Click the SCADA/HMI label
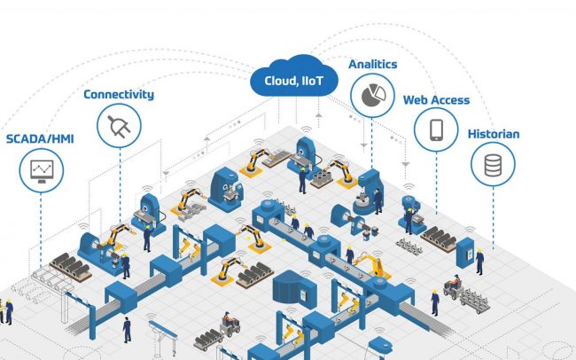(x=40, y=139)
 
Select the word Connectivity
(x=119, y=94)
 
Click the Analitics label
(x=373, y=65)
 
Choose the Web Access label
(x=436, y=100)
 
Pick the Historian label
(x=494, y=135)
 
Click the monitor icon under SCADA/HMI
(x=40, y=168)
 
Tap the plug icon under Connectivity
(x=118, y=128)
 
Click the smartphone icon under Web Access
(x=436, y=130)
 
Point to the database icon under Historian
(x=493, y=163)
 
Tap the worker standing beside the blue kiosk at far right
(x=479, y=262)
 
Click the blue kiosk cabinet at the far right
(x=470, y=242)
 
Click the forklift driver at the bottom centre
(x=227, y=320)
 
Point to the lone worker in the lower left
(x=128, y=329)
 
